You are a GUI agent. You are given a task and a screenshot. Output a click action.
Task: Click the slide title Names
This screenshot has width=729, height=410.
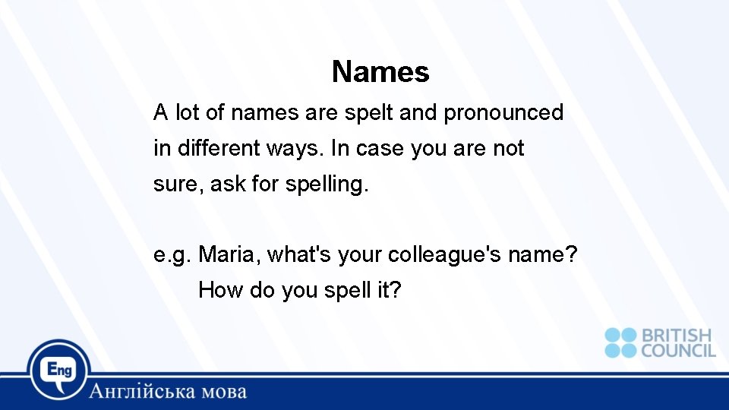tap(380, 72)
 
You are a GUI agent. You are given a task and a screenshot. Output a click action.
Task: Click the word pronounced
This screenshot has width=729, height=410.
tap(503, 113)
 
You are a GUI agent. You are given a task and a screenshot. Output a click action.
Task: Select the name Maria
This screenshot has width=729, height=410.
tap(229, 254)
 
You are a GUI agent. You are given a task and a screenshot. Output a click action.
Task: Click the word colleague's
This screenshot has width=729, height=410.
tap(443, 254)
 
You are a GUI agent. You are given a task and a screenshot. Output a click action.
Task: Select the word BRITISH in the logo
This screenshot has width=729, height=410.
tap(677, 336)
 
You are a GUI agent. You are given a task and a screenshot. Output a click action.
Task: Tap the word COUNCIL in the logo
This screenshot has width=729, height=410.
tap(678, 351)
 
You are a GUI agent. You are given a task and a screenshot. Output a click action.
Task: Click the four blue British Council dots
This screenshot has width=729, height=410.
tap(620, 342)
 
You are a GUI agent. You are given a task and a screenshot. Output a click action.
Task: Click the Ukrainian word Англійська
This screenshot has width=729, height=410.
tap(144, 392)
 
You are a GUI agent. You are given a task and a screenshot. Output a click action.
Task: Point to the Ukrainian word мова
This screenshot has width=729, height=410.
tap(225, 393)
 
